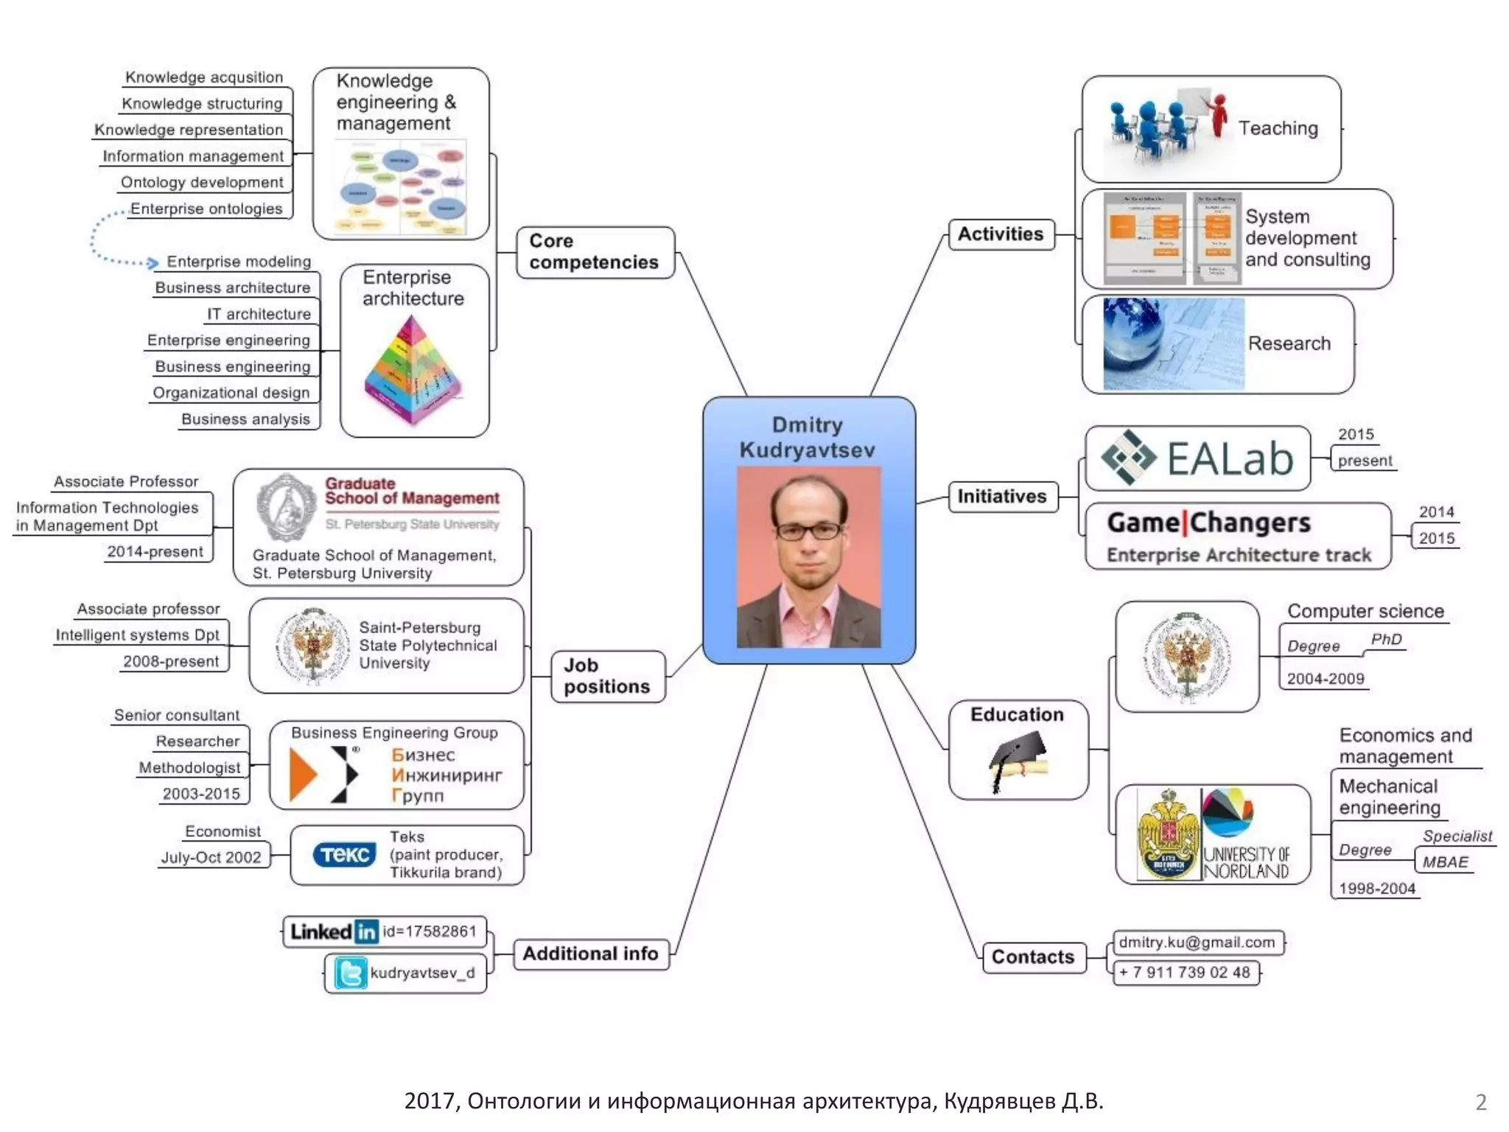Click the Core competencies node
[x=595, y=252]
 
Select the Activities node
[x=1001, y=234]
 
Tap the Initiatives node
[x=1001, y=497]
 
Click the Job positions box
[x=607, y=676]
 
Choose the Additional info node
[x=590, y=954]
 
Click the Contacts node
[x=1033, y=957]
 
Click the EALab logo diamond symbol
[x=1128, y=457]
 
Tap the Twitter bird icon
[x=351, y=973]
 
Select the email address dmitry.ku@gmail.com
[x=1197, y=943]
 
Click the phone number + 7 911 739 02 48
[x=1185, y=973]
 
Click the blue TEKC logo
[x=344, y=855]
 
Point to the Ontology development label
[x=202, y=183]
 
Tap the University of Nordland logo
[x=1246, y=834]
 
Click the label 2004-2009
[x=1325, y=679]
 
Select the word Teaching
[x=1278, y=128]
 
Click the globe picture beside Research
[x=1173, y=343]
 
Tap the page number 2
[x=1481, y=1102]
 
